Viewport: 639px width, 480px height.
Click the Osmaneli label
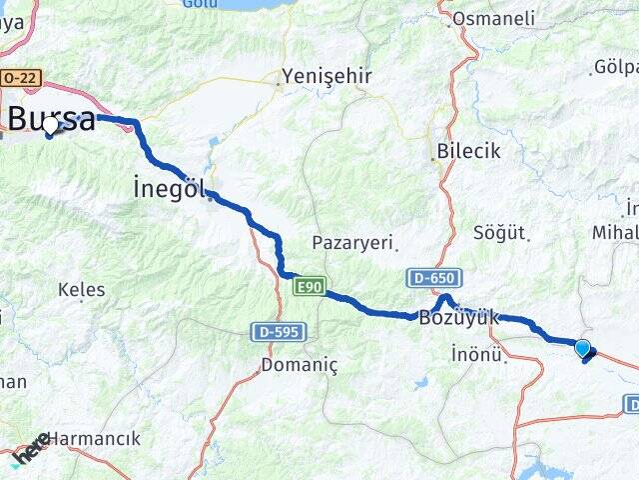tap(493, 18)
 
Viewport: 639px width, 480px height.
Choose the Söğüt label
tap(501, 232)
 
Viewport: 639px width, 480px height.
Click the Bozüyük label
tap(458, 317)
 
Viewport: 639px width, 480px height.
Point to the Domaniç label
tap(300, 365)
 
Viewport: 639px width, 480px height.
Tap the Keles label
tap(81, 290)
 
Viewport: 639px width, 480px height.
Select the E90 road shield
tap(310, 287)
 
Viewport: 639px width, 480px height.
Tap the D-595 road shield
tap(280, 331)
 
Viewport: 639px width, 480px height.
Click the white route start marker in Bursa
tap(50, 127)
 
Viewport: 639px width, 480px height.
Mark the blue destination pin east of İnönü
tap(583, 348)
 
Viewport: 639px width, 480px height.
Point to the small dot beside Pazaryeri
tap(396, 241)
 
